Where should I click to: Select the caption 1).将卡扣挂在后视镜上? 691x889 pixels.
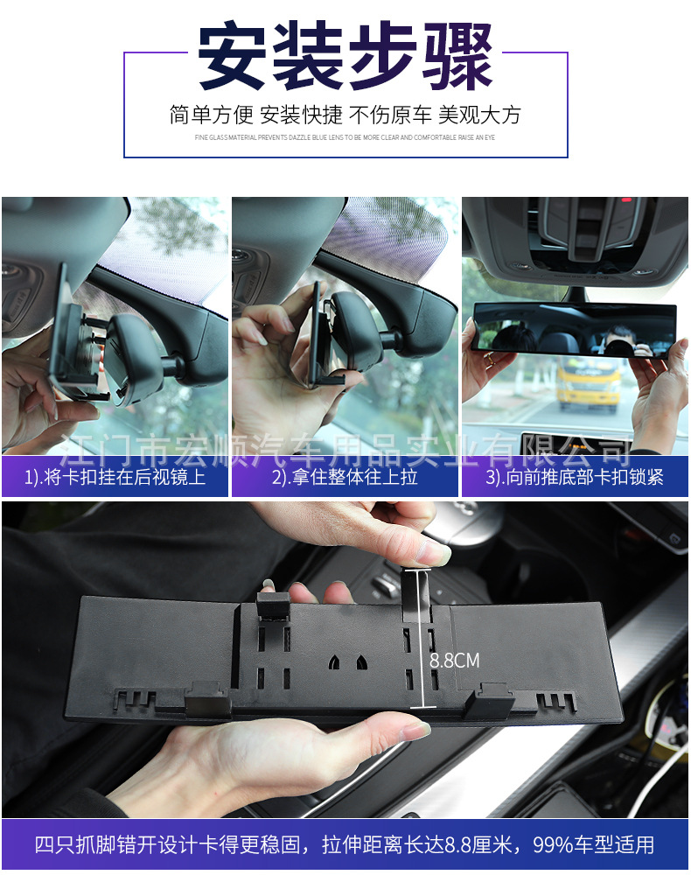(x=115, y=478)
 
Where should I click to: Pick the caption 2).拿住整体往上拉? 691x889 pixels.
(x=345, y=478)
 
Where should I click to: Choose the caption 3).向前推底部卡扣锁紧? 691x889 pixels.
(x=575, y=478)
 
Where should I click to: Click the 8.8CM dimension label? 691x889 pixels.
(x=455, y=661)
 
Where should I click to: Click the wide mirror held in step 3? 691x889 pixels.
(x=574, y=330)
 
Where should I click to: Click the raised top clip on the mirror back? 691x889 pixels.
(x=273, y=604)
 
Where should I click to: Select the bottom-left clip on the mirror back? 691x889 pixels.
(x=206, y=699)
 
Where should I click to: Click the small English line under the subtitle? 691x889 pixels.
(x=345, y=137)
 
